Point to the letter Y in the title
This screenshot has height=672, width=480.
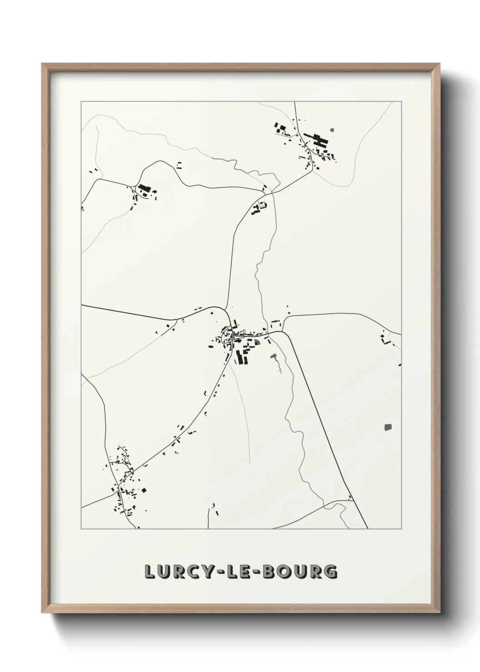[207, 572]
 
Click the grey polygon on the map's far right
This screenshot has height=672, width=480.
[387, 427]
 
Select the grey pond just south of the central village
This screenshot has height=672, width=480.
[274, 358]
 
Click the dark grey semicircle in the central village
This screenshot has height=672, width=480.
[257, 342]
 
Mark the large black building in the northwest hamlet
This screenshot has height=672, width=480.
[144, 188]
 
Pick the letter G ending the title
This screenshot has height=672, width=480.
[331, 572]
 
